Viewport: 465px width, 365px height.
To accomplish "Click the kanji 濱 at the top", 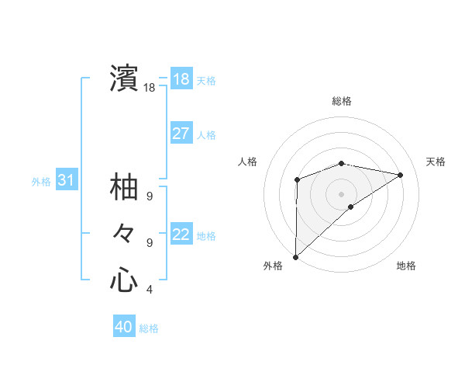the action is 124,78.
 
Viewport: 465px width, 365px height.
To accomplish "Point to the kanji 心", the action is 124,280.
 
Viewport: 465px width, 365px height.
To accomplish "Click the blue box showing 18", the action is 181,79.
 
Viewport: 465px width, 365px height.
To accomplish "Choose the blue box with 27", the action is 181,134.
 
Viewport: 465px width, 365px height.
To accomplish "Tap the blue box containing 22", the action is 181,235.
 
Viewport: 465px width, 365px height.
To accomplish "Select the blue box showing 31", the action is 67,181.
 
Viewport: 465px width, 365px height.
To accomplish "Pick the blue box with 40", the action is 124,327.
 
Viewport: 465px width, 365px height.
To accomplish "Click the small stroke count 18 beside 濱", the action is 150,89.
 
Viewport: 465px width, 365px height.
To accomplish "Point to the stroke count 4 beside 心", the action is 150,290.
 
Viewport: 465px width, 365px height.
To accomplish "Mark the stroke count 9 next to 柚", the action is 150,197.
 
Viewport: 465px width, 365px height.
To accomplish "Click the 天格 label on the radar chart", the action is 436,162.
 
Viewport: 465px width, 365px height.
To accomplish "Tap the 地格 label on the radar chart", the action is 406,266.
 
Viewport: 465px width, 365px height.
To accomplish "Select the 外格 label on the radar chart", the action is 273,266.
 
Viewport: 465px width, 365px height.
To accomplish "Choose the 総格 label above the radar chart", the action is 341,101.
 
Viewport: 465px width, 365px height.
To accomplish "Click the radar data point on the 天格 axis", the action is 401,175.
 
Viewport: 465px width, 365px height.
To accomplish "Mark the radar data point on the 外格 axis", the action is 295,256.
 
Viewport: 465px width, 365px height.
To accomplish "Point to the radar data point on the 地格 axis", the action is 351,207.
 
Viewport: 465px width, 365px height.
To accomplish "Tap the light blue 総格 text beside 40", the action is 149,328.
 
